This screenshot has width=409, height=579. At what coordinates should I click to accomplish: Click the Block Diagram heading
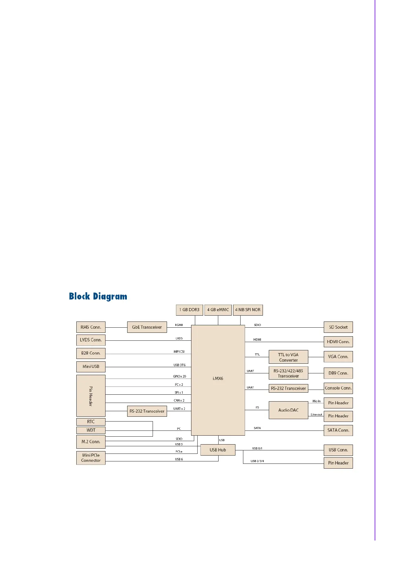coord(98,296)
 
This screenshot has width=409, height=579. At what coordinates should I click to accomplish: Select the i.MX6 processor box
coord(218,379)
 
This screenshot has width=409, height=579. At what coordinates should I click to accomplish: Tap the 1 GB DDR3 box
coord(189,310)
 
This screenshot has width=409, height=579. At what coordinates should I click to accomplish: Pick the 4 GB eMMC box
coord(218,310)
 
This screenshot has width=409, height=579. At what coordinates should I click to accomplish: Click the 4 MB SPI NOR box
coord(248,310)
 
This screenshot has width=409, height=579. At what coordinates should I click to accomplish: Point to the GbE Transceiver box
coord(147,327)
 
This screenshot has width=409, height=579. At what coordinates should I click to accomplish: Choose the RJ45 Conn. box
coord(91,327)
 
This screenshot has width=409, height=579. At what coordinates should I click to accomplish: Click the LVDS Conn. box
coord(91,340)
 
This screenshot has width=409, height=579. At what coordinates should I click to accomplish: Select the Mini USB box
coord(91,367)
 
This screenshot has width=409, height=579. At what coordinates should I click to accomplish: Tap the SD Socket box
coord(338,327)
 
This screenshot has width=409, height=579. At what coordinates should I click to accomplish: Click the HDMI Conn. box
coord(338,342)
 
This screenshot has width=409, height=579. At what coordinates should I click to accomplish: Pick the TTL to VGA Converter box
coord(288,357)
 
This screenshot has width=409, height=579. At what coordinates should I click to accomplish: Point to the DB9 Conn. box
coord(338,373)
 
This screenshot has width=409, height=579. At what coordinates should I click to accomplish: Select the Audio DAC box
coord(288,410)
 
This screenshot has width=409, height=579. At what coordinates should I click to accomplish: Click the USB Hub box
coord(218,450)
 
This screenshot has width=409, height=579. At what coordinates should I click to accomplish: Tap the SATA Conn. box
coord(338,430)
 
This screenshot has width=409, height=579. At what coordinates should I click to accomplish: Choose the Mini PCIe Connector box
coord(91,458)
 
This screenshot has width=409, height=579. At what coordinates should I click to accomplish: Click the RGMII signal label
coord(179,325)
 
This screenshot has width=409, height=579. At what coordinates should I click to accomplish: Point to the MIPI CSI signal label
coord(179,352)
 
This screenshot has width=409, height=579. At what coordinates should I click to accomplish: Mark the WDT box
coord(91,430)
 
